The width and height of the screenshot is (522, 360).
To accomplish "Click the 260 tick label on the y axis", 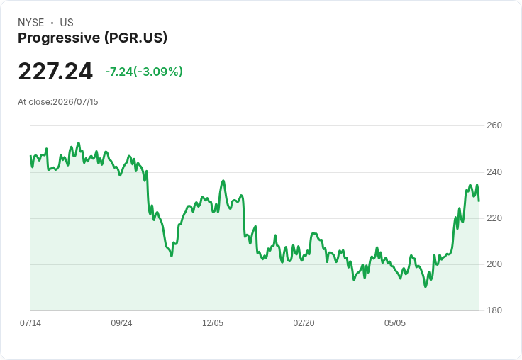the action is coord(494,125).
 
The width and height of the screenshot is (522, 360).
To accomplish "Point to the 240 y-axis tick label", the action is coord(494,172).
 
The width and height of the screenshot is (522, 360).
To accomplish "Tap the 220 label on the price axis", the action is coord(494,218).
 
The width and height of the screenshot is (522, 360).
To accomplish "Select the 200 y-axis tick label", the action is coord(494,264).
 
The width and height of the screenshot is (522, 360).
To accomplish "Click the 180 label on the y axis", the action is coord(494,310).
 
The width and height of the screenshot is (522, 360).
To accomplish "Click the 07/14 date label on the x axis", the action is coord(30,323).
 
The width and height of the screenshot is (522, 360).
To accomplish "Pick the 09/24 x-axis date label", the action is coord(121,323).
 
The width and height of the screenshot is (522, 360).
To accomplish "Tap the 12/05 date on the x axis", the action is coord(213,323).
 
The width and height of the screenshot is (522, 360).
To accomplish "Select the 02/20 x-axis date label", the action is coord(304,323).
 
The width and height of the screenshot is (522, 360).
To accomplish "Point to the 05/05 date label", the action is coord(395,323).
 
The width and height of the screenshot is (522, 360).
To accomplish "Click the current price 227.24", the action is coord(55,72).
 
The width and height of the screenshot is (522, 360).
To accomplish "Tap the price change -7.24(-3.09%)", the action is coord(144,72).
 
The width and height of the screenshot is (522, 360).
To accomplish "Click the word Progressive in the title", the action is coord(59,38).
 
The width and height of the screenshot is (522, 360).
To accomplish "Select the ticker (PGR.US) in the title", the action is coord(136,38).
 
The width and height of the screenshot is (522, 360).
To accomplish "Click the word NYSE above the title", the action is coord(31,23).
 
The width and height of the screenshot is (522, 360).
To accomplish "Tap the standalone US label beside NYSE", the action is coord(67,23).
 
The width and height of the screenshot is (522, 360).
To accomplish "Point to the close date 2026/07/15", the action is coord(76,102).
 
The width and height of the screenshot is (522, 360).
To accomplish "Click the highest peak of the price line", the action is coord(79,143).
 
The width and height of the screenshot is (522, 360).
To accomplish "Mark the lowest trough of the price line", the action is coord(426,286).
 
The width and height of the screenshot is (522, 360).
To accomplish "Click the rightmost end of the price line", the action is coord(479,201).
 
